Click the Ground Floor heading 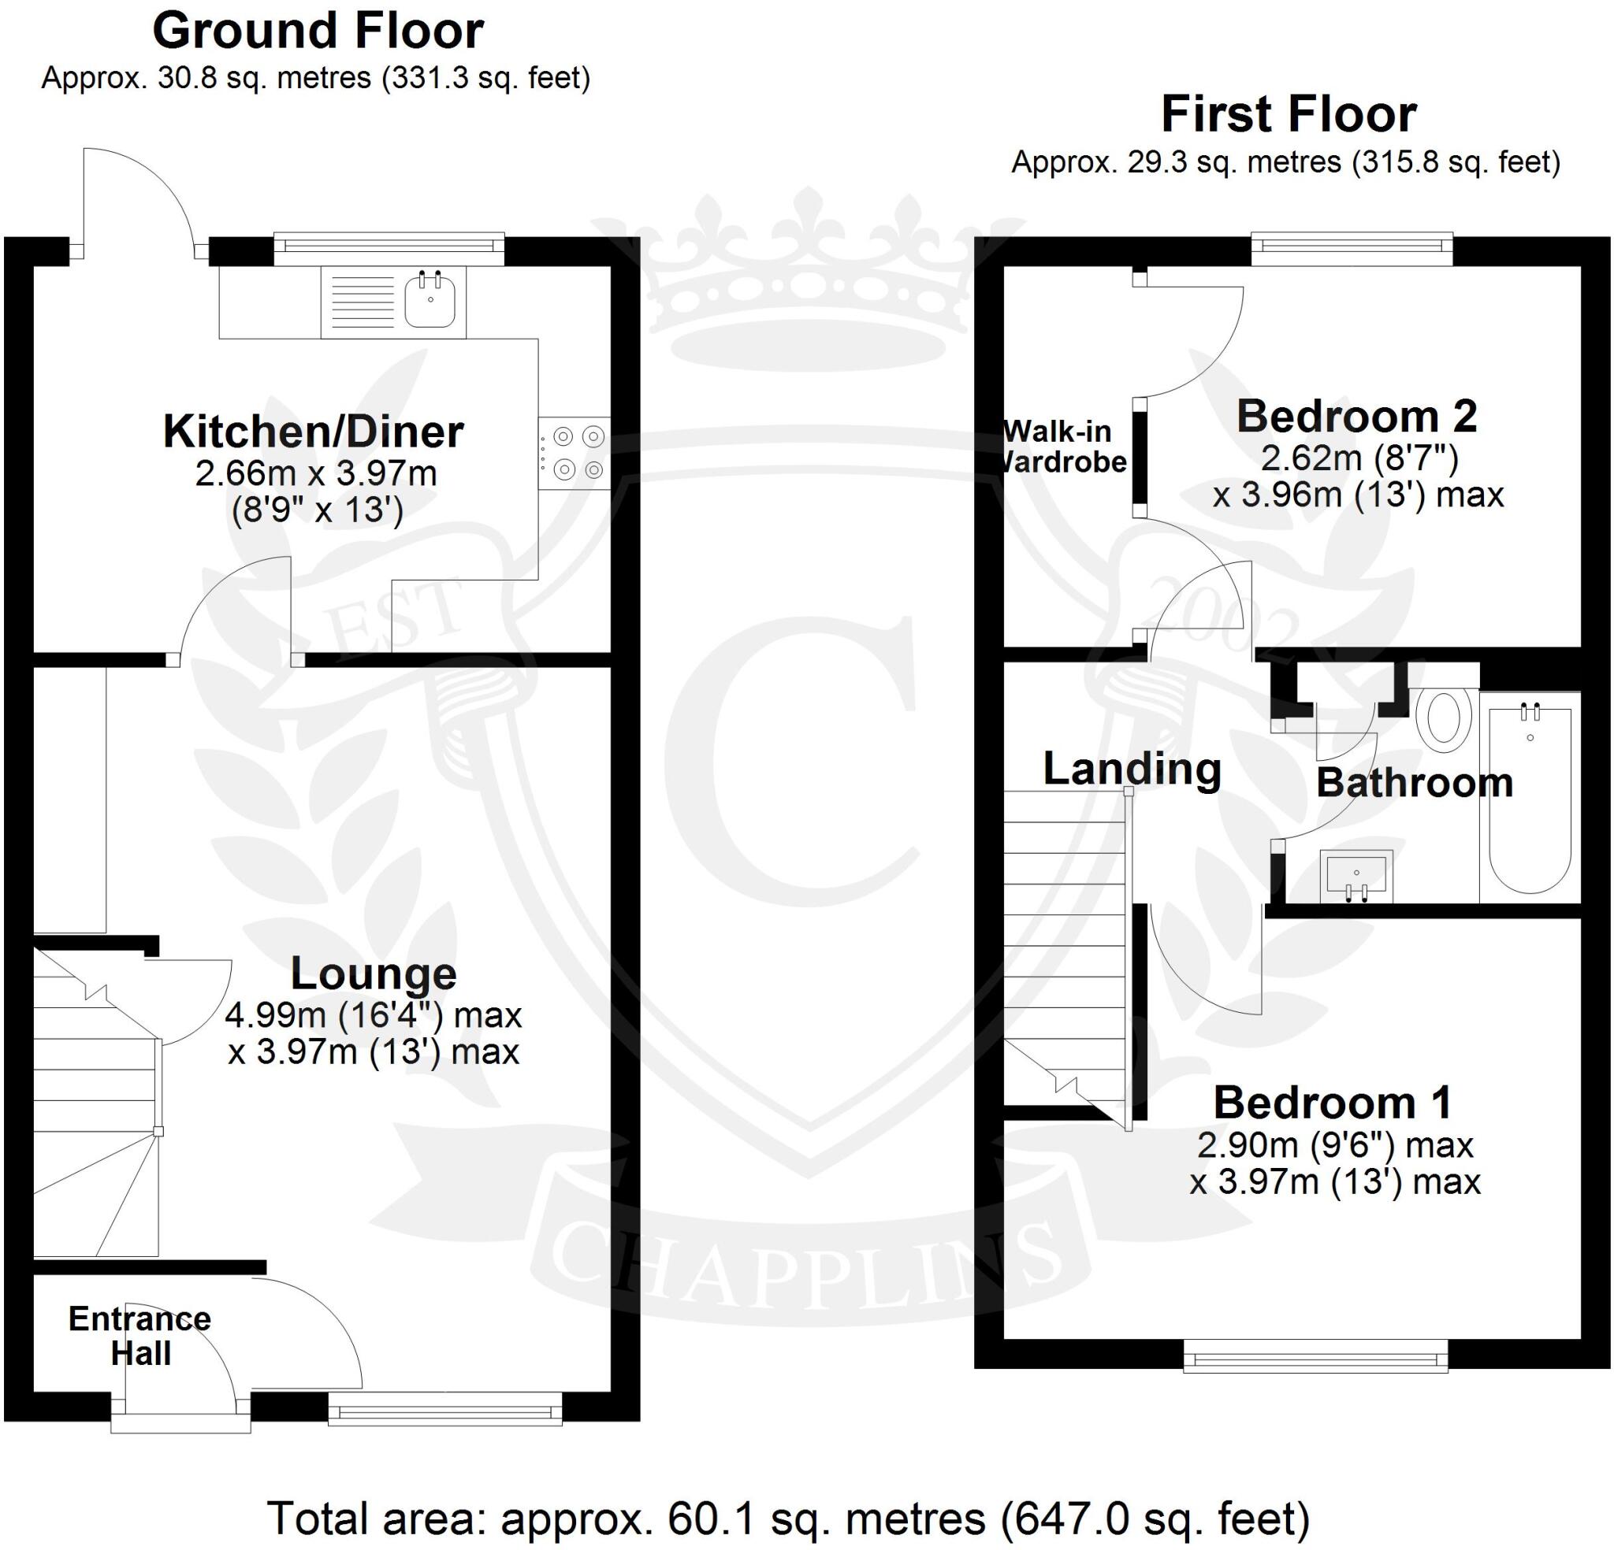[x=318, y=32]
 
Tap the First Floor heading [x=1289, y=114]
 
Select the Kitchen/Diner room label [x=314, y=432]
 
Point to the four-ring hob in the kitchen [x=575, y=453]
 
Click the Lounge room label [x=373, y=973]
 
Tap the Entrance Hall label [x=140, y=1335]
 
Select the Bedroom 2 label [x=1356, y=416]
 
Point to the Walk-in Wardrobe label [x=1061, y=446]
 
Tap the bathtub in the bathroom [x=1529, y=799]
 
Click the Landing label [x=1132, y=769]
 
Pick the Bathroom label [x=1414, y=782]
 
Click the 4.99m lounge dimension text [x=373, y=1015]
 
